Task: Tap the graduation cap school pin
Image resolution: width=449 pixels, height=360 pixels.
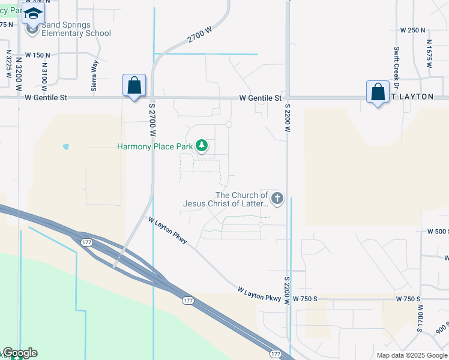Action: click(x=33, y=13)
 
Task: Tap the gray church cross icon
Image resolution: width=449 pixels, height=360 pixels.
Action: click(x=277, y=198)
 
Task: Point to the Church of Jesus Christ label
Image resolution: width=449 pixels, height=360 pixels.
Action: click(x=226, y=199)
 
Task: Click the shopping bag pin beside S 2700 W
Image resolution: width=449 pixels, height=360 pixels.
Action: click(x=134, y=85)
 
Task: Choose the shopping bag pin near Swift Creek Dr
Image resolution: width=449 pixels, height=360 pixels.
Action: click(x=378, y=92)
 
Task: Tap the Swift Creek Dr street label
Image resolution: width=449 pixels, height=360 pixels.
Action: click(x=396, y=66)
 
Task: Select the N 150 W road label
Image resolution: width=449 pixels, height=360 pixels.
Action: click(x=37, y=55)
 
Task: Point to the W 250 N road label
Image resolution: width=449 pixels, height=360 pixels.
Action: click(x=412, y=30)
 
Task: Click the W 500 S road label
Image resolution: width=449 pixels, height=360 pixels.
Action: click(x=438, y=231)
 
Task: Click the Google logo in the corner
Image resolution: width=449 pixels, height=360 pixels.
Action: click(x=20, y=353)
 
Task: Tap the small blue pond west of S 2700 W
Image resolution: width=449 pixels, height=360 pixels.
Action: click(x=65, y=146)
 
